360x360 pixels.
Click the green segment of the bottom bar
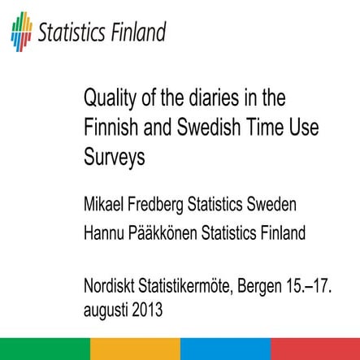[x=45, y=350]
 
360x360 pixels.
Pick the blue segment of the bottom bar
[x=225, y=350]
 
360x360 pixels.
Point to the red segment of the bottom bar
[x=315, y=350]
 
